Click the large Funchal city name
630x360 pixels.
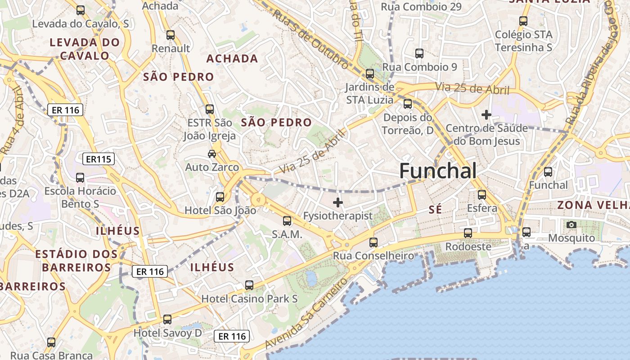(x=437, y=171)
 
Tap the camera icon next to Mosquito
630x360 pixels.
(x=571, y=225)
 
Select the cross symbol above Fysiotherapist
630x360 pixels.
(x=337, y=202)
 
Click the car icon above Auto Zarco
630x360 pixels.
(x=212, y=154)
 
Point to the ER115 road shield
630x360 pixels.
(x=99, y=159)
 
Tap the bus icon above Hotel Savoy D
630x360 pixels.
(x=167, y=319)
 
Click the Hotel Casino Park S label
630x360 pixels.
(x=249, y=298)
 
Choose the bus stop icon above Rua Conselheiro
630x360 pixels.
(x=373, y=242)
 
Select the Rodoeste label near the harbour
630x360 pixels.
(x=468, y=247)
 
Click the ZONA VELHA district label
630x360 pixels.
(x=593, y=205)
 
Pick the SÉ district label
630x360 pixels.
(x=435, y=209)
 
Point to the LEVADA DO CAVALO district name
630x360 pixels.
(x=85, y=49)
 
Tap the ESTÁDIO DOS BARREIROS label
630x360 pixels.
(x=76, y=261)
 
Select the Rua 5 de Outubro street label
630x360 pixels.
(x=310, y=40)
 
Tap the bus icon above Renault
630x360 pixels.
(x=171, y=35)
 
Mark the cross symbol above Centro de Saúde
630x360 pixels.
(x=486, y=115)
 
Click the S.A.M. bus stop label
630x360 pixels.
(x=287, y=234)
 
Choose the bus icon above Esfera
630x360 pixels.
(x=482, y=195)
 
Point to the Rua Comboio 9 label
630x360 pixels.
(x=419, y=67)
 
